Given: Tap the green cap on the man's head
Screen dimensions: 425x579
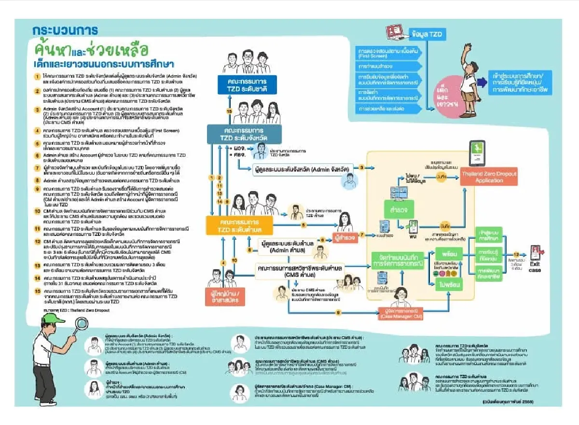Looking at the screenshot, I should pos(52,318).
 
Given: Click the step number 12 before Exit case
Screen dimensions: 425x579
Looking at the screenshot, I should pos(516,255).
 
